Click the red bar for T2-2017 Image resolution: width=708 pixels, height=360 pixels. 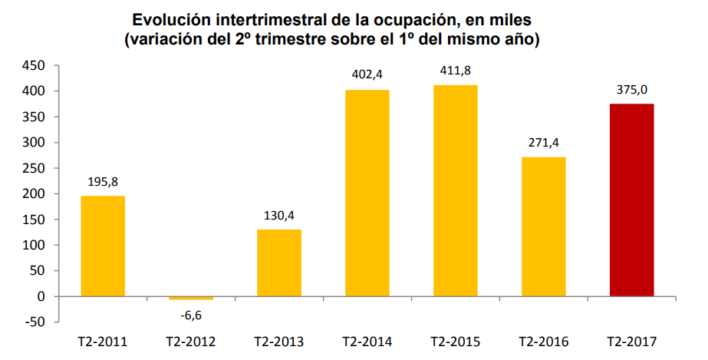pos(631,200)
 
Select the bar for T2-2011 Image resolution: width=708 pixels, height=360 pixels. pos(103,246)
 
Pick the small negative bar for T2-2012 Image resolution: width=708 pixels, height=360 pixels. pos(191,298)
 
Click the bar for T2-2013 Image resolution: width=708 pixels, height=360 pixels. pos(279,263)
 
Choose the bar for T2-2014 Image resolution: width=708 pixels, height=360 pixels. pos(367,193)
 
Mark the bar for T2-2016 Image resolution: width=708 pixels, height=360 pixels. pos(543,226)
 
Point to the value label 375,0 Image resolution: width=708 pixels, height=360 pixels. pos(631,90)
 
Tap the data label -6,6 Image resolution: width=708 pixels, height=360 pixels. pos(191,314)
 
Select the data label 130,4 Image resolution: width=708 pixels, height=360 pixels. pos(279,215)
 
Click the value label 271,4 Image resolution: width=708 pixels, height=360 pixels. pos(543,143)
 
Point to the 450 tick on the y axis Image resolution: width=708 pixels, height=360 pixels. pos(34,66)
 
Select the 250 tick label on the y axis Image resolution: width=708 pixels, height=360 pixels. pos(34,168)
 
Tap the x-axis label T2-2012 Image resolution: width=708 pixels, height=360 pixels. pos(191,341)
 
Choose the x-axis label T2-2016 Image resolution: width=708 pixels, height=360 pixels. pos(543,341)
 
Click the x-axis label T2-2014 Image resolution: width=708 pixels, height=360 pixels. pos(367,341)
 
